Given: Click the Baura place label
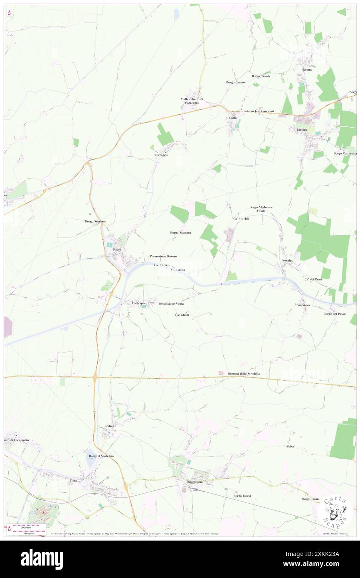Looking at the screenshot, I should click(x=117, y=249).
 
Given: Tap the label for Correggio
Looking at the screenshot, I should click(x=161, y=155).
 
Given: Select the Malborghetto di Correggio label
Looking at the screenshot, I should click(x=192, y=101).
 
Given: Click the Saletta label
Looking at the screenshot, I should click(x=307, y=69).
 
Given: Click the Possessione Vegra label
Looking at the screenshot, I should click(x=171, y=304).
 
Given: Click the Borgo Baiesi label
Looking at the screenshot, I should click(x=242, y=496).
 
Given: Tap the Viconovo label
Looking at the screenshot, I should click(x=303, y=305).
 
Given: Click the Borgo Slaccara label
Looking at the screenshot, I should click(x=180, y=233).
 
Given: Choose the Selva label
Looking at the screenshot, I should click(x=290, y=446).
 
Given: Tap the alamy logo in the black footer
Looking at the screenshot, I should click(x=42, y=559).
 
